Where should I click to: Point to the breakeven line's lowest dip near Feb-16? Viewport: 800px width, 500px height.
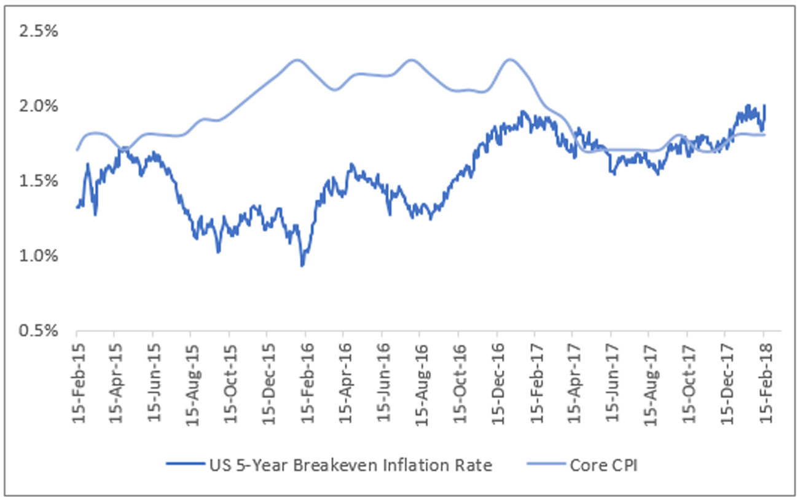point(302,266)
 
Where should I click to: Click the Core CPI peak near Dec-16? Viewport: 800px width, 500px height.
point(509,60)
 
